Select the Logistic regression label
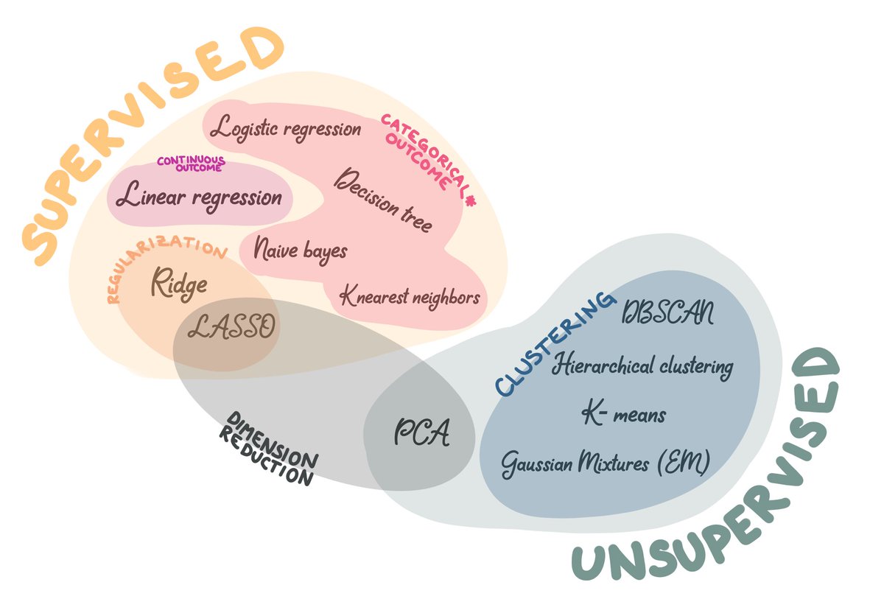286,129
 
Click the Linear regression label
200,197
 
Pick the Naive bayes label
300,250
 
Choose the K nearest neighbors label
410,297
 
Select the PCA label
421,433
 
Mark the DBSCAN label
667,315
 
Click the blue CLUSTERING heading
553,344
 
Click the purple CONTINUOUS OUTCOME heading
190,164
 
